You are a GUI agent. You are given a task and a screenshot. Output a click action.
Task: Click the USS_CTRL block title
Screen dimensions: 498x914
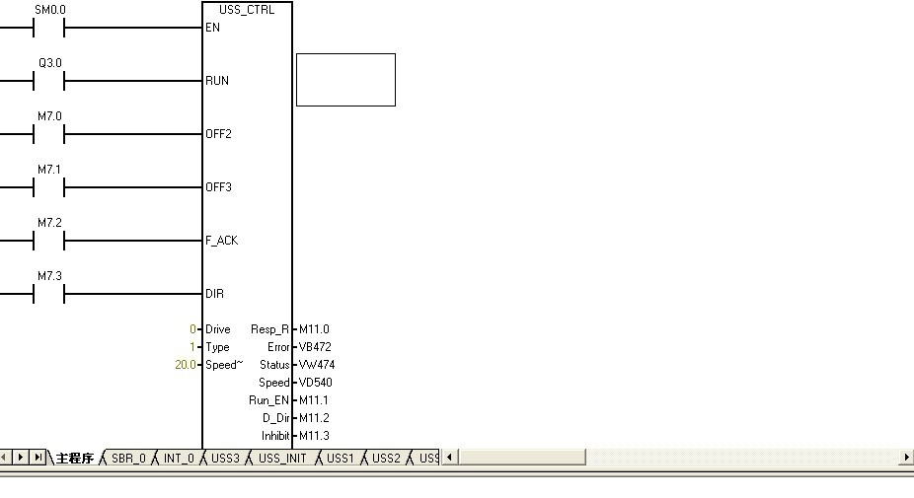(247, 10)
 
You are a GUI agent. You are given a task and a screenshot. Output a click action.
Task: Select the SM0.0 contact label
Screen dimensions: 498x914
(49, 10)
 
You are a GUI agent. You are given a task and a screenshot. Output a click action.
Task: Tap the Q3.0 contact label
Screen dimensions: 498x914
(49, 63)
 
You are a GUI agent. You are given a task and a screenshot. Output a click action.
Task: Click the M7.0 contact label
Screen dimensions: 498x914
(49, 116)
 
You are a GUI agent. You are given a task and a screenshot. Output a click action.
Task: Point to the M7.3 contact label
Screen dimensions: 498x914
(49, 276)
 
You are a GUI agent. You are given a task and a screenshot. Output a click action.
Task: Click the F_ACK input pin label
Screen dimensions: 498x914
(221, 241)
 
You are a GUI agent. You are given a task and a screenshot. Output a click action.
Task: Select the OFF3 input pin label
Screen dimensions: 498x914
(218, 187)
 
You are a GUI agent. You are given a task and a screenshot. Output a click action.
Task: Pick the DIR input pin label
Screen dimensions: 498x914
(214, 294)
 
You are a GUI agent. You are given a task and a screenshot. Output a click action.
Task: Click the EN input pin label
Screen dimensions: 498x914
(212, 28)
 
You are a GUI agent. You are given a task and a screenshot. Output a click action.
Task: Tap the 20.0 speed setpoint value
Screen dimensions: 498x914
(185, 365)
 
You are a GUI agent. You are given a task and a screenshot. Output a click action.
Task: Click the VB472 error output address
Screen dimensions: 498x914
(316, 347)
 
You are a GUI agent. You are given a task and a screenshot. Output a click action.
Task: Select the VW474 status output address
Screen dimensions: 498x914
(317, 365)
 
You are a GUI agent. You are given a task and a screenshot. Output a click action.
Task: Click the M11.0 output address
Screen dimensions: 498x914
(314, 329)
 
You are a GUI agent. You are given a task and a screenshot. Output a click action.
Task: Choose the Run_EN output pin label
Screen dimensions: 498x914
(268, 400)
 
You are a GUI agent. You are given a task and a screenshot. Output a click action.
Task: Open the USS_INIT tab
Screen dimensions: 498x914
(282, 459)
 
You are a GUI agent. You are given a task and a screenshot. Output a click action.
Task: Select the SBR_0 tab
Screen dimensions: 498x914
(128, 459)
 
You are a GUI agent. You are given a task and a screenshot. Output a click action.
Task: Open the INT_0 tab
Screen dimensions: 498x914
(179, 459)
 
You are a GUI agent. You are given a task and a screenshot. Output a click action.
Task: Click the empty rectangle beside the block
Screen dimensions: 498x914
(345, 80)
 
